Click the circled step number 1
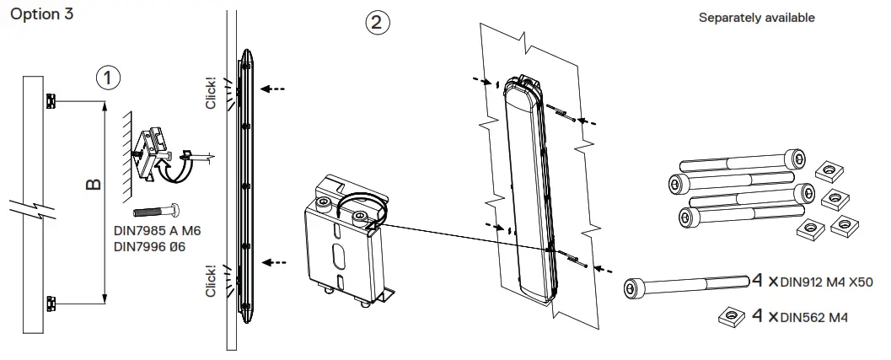point(107,77)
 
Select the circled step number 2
point(378,23)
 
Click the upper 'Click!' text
point(211,94)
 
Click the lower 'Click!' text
point(211,281)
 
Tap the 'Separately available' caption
point(756,18)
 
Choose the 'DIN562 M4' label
point(813,318)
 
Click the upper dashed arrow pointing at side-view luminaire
point(273,88)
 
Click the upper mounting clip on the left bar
point(51,102)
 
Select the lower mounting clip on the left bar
point(51,301)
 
